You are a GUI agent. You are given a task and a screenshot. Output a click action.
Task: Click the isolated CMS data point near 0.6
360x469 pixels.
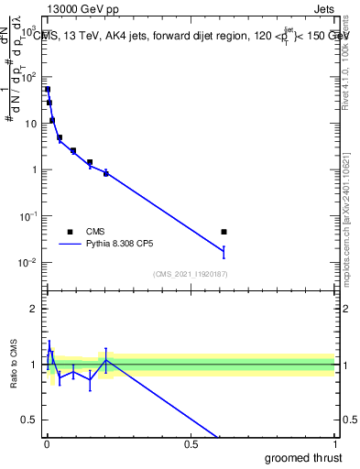[224, 232]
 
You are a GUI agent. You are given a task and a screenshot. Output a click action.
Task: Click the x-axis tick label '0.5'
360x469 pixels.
[191, 445]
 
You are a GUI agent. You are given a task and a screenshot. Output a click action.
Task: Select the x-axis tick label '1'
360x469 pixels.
[333, 445]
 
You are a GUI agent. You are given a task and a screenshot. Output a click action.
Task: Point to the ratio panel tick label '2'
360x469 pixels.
[33, 309]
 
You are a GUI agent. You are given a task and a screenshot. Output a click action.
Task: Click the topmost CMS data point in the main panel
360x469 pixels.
[48, 89]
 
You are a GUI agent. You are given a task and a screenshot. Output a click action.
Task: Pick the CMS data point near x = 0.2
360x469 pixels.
[106, 172]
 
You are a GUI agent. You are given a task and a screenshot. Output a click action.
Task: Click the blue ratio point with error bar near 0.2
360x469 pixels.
[106, 360]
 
